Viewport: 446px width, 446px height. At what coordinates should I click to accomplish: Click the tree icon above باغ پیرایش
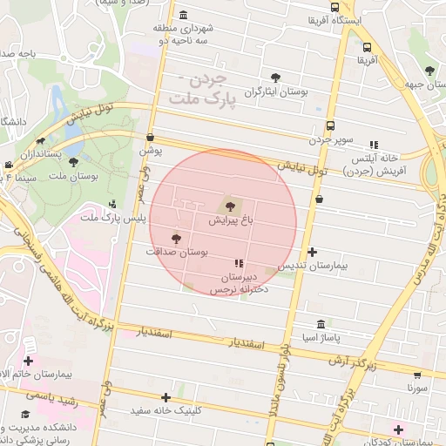[x=230, y=206]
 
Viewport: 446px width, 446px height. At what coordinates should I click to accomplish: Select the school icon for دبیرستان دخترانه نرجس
[x=238, y=263]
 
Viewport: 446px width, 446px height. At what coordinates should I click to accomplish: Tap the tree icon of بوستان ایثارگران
[x=277, y=78]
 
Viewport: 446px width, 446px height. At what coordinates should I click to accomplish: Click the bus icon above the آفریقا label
[x=368, y=48]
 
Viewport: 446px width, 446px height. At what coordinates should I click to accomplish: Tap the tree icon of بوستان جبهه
[x=428, y=71]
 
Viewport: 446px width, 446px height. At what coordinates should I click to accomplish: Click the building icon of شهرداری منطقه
[x=182, y=16]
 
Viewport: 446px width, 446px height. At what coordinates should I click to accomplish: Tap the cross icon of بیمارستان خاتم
[x=29, y=361]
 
